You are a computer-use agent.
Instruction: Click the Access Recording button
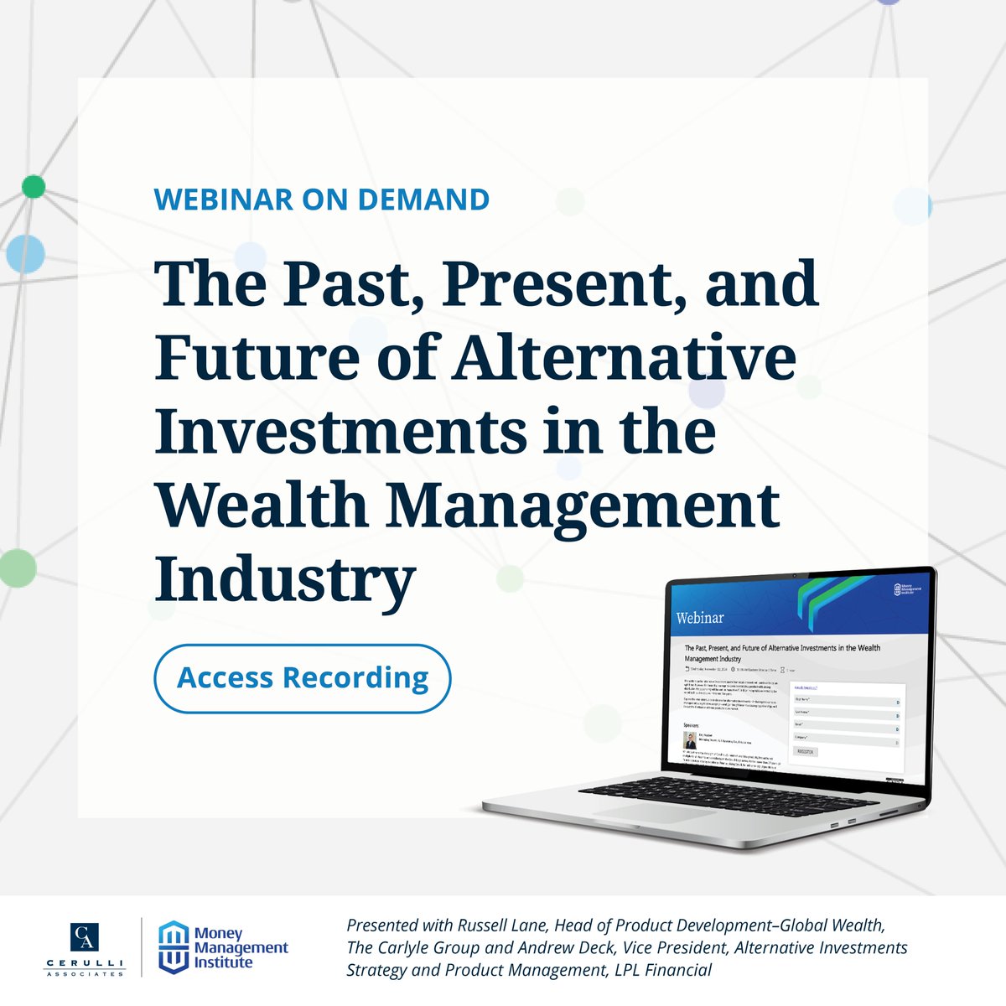303,678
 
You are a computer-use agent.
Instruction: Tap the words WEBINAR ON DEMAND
322,200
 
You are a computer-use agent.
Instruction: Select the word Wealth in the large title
261,506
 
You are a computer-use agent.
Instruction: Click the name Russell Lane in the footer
498,926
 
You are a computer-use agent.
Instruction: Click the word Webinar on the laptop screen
699,618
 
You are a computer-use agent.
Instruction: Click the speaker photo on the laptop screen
689,740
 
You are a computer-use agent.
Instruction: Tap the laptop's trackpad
662,814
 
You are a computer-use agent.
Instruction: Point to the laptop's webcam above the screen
793,574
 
